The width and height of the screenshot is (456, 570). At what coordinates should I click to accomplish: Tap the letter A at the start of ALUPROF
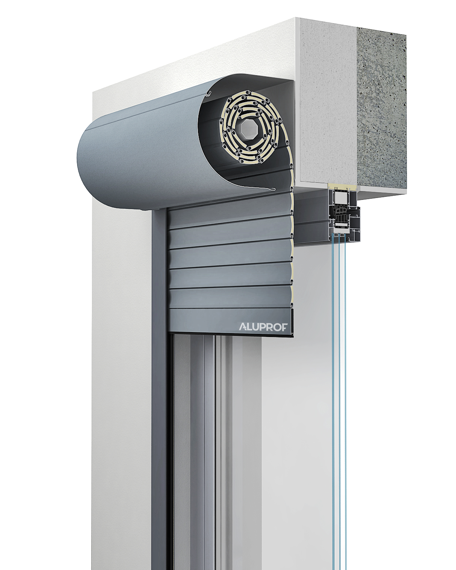(243, 327)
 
